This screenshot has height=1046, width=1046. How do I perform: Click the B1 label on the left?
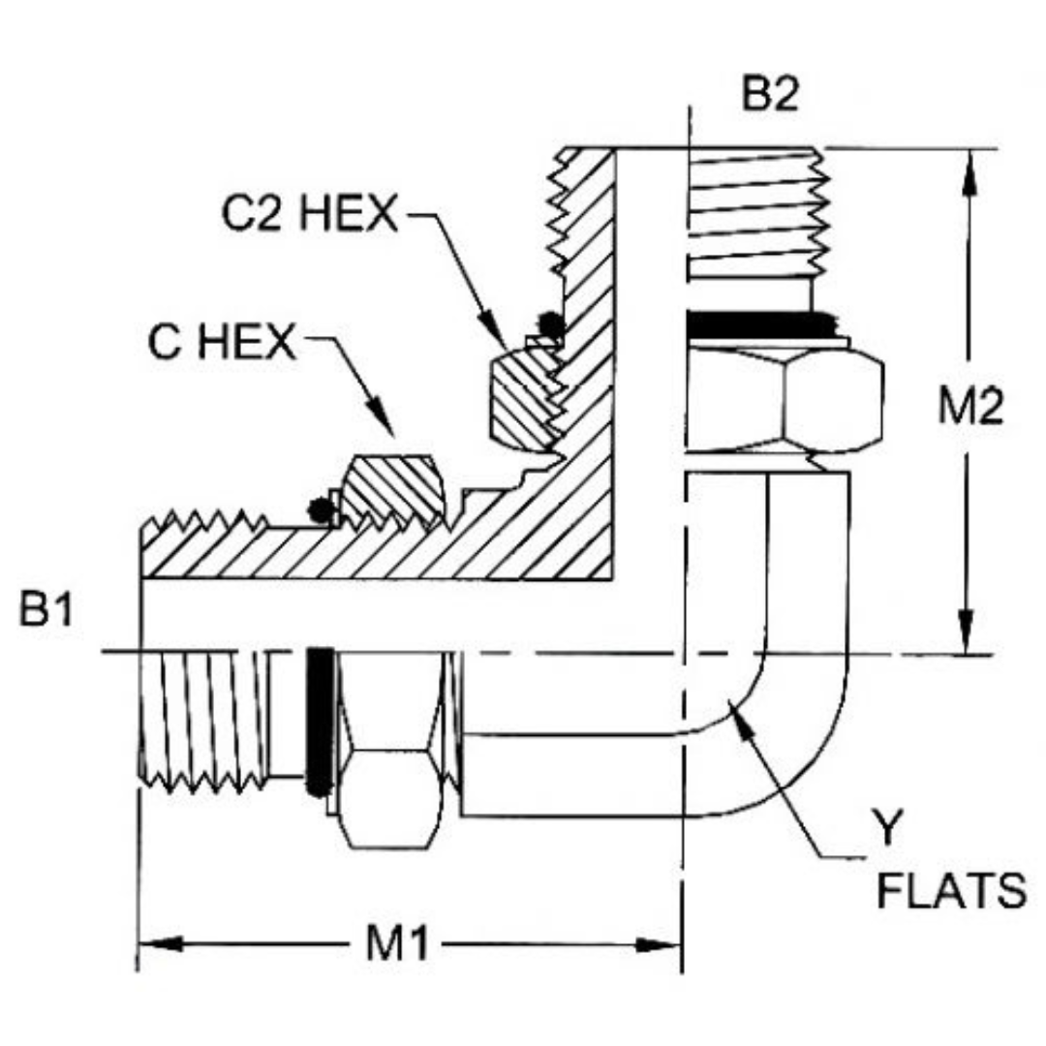46,613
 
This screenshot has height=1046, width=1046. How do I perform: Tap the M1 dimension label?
398,944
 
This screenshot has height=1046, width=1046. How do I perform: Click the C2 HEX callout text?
309,214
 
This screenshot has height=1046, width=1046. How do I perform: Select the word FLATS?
950,891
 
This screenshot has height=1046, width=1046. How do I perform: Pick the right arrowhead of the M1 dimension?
666,944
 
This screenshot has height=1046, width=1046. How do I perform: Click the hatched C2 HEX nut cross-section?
521,398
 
